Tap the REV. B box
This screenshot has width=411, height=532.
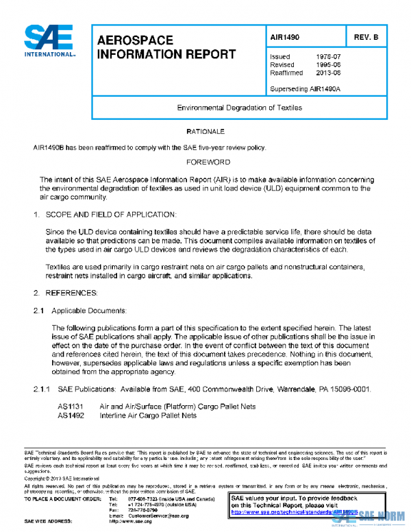366,37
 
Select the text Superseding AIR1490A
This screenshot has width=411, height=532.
305,88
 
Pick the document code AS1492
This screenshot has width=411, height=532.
71,415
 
